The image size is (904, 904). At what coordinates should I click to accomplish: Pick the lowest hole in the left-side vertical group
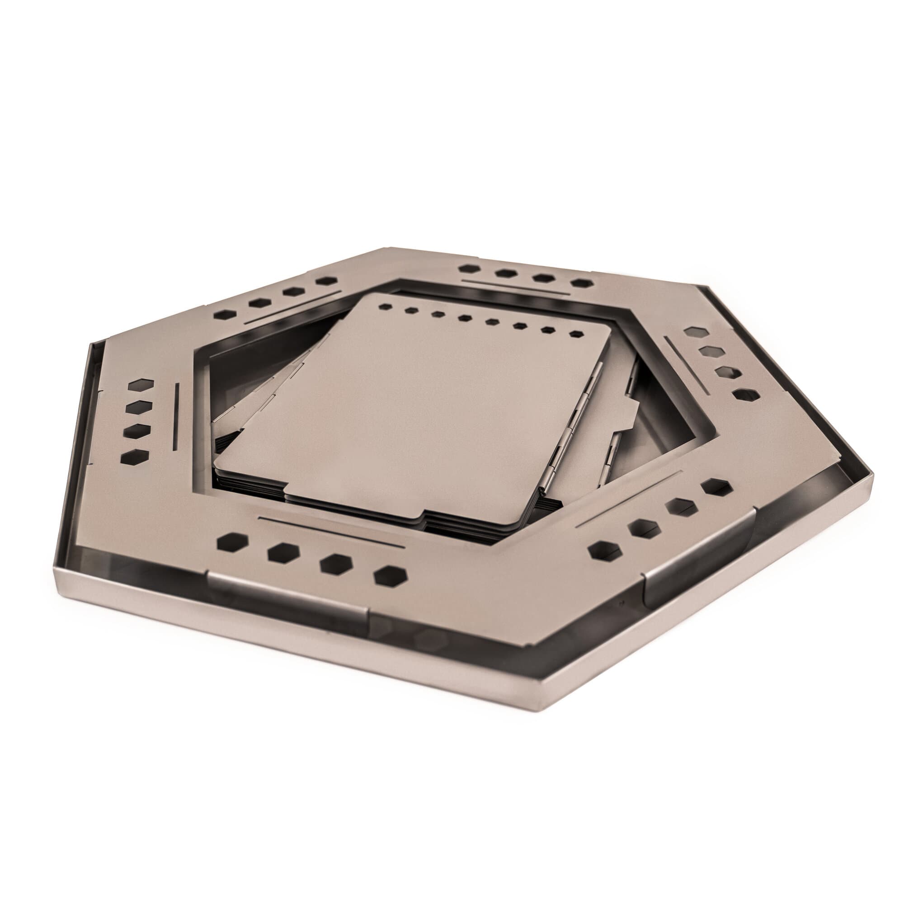(x=134, y=457)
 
